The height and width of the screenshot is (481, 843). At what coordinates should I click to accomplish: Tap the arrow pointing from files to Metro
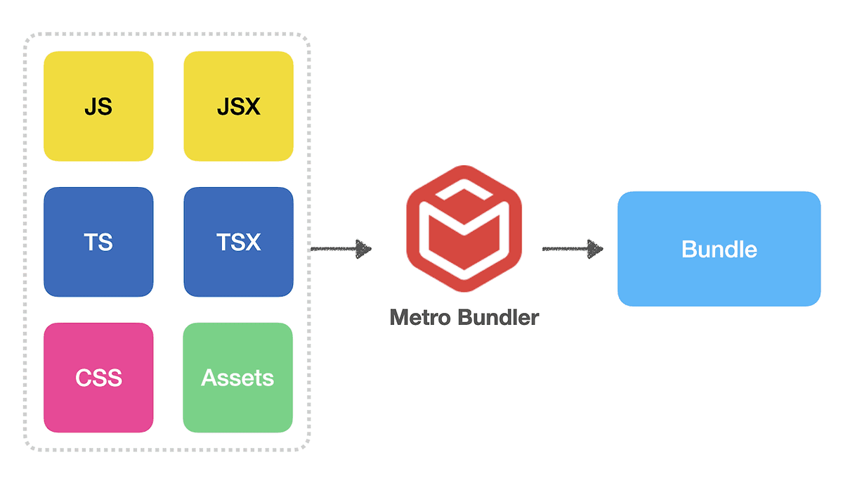[x=341, y=248]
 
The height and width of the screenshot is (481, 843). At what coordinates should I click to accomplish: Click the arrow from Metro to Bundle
[x=573, y=248]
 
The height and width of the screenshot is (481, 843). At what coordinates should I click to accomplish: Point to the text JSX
[x=238, y=107]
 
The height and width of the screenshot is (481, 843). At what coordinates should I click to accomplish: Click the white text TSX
[x=238, y=243]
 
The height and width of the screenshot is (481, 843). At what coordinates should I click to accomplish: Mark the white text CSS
[x=98, y=378]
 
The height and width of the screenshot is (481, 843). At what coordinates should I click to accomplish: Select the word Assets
[x=237, y=378]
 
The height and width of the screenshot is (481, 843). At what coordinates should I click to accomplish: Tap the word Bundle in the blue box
[x=719, y=250]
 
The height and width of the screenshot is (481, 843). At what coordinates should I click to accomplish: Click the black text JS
[x=98, y=107]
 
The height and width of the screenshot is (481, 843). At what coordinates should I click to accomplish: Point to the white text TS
[x=98, y=243]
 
